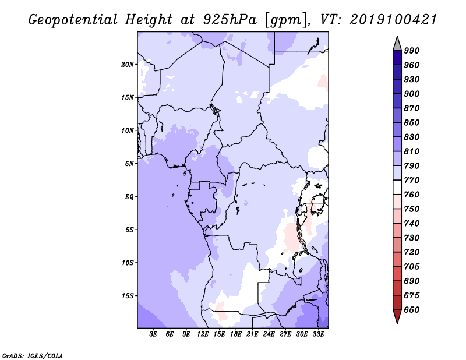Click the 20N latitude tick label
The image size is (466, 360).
point(128,65)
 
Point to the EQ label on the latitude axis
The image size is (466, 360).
point(129,197)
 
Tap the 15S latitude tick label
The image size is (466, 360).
point(128,296)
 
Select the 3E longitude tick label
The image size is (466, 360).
point(153,334)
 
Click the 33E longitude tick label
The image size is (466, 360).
point(318,334)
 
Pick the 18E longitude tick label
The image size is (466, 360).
point(236,334)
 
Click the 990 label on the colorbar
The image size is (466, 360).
point(412,51)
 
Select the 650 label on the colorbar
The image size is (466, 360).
point(412,310)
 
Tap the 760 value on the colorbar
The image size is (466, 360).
point(412,195)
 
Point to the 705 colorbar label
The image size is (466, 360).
point(412,266)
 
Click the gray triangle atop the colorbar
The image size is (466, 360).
point(397,44)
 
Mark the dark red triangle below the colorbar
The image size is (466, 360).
point(397,316)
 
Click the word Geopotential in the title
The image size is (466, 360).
point(73,20)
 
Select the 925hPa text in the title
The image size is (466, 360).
point(230,20)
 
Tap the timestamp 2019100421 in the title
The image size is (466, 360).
point(393,20)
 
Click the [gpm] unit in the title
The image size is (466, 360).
point(287,20)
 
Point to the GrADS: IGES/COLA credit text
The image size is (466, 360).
point(33,356)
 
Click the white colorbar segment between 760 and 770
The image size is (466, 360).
point(397,188)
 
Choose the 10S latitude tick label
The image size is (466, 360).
point(128,263)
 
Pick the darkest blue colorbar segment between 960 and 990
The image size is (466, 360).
point(397,58)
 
